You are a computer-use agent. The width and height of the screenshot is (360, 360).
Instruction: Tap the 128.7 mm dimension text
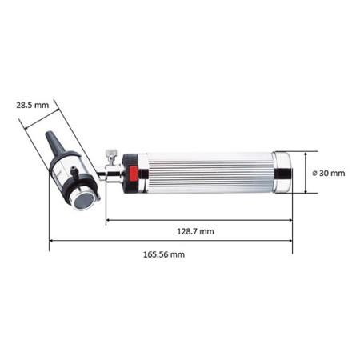coord(195,231)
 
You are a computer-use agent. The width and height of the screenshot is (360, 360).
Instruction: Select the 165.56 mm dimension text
coord(165,254)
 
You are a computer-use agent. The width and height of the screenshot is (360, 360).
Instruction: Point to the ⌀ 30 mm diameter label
coord(328,173)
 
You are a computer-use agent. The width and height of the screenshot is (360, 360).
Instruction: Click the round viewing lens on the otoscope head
coord(83,201)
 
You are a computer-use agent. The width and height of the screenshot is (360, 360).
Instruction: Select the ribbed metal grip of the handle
coord(208,172)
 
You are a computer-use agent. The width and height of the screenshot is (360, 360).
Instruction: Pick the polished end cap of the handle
coord(282,172)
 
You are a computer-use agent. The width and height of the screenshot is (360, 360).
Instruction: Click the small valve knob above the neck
coord(111,154)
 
